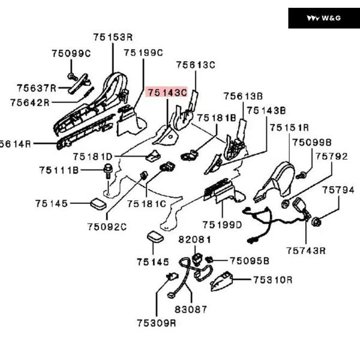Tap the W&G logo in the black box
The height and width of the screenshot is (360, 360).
point(323,18)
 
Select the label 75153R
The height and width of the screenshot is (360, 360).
point(113,37)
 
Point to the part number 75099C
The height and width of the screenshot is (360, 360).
point(71,53)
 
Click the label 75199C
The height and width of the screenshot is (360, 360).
point(143,53)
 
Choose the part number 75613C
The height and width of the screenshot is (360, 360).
point(195,65)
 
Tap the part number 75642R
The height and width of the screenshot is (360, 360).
point(29,103)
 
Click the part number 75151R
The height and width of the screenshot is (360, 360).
point(289,128)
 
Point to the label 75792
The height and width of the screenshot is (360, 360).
point(332,157)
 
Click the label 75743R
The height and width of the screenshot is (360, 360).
point(305,250)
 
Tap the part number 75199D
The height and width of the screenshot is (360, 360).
point(222,224)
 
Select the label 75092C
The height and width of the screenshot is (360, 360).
point(107,226)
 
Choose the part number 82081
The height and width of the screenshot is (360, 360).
point(195,239)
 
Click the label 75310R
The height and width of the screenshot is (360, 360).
point(272,280)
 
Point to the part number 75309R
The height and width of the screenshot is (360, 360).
point(156,323)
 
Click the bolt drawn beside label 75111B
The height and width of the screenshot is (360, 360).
point(108,170)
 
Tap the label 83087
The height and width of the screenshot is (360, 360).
point(191,310)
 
